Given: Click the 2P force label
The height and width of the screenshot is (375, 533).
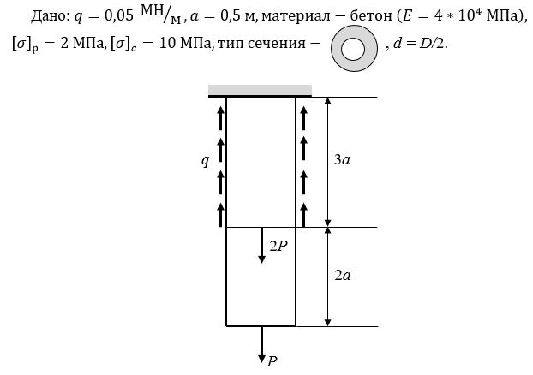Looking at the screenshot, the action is [278, 246].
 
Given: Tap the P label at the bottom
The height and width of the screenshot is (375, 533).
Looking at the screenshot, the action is [272, 361].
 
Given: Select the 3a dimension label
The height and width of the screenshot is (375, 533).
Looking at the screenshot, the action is [342, 159].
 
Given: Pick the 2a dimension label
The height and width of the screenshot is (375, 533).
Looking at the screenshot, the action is [342, 275].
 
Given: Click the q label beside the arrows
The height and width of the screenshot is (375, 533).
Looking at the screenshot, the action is [205, 160].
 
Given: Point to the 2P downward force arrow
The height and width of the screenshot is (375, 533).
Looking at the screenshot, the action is [261, 245].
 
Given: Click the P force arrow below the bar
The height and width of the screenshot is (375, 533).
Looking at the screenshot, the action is [261, 344].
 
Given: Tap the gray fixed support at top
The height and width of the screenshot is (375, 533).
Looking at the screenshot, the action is [260, 91].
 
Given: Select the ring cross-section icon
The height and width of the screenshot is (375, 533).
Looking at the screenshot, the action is [354, 49].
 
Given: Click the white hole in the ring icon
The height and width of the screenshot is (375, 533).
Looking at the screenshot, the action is [353, 49].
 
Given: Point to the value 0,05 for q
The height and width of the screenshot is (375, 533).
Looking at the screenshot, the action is [118, 16].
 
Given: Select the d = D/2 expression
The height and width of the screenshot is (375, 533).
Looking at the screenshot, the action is [418, 44].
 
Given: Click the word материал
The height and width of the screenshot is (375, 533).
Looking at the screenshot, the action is [296, 16].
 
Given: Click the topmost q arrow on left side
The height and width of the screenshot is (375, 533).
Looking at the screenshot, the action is [221, 118].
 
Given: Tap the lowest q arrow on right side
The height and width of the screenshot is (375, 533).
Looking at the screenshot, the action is [304, 215].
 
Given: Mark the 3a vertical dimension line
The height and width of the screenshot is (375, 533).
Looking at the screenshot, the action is [327, 162].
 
